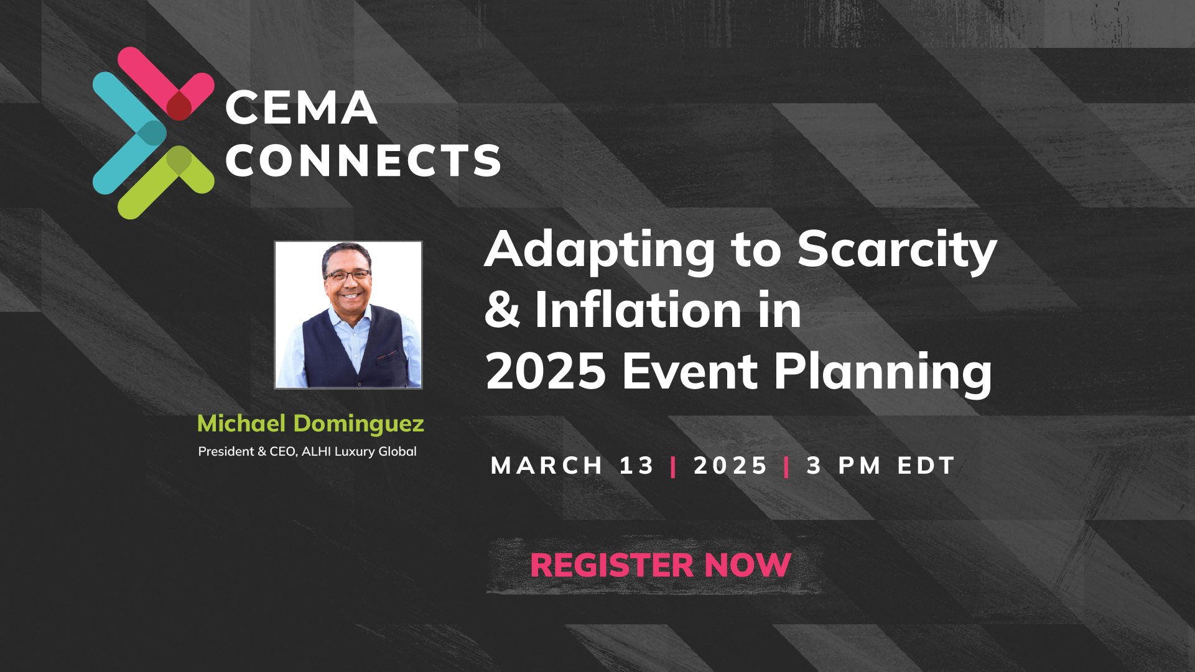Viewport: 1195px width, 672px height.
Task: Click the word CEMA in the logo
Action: tap(301, 108)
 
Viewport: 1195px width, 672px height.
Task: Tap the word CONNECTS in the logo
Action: tap(363, 161)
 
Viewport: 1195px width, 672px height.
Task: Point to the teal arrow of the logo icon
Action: tap(128, 133)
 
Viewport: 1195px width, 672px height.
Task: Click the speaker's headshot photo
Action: tap(348, 315)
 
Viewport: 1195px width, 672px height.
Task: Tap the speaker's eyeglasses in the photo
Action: tap(347, 275)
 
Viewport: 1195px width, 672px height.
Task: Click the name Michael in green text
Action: tap(241, 424)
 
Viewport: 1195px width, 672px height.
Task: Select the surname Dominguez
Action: tap(358, 425)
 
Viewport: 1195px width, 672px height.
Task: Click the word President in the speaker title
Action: tap(226, 452)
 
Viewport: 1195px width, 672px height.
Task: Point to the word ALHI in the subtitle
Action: tap(316, 452)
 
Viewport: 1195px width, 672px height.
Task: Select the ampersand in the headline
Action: tap(502, 310)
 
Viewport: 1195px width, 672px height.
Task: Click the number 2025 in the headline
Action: tap(546, 371)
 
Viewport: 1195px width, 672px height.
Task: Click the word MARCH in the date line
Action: tap(547, 466)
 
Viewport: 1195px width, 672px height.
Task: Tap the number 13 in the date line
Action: tap(636, 466)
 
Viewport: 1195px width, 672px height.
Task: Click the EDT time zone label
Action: tap(925, 466)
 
